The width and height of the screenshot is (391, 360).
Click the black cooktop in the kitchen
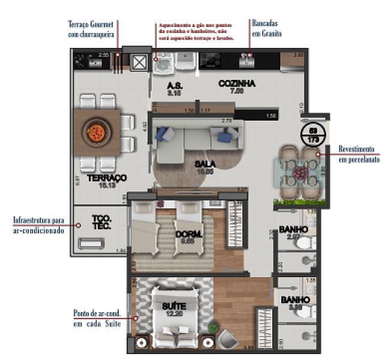[x=210, y=60]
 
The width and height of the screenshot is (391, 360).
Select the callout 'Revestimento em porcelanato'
[x=358, y=154]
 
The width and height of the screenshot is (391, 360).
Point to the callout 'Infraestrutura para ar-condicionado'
[x=38, y=226]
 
